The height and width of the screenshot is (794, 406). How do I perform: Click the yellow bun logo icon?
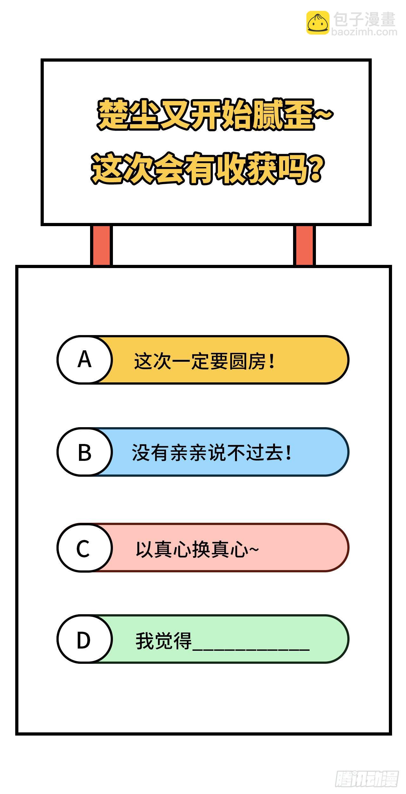point(318,23)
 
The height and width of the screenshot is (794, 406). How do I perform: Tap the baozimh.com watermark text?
point(364,32)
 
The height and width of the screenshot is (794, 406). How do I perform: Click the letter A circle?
point(85,360)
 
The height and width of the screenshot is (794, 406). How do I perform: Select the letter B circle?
point(85,452)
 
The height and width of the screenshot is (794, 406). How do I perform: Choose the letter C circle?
point(85,548)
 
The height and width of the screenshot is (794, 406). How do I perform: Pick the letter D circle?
point(85,639)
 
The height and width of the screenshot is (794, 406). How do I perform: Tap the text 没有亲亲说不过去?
point(207,453)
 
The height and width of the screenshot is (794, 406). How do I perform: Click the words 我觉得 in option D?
point(164,641)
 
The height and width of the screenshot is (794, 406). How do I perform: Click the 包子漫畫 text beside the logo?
point(365,19)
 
